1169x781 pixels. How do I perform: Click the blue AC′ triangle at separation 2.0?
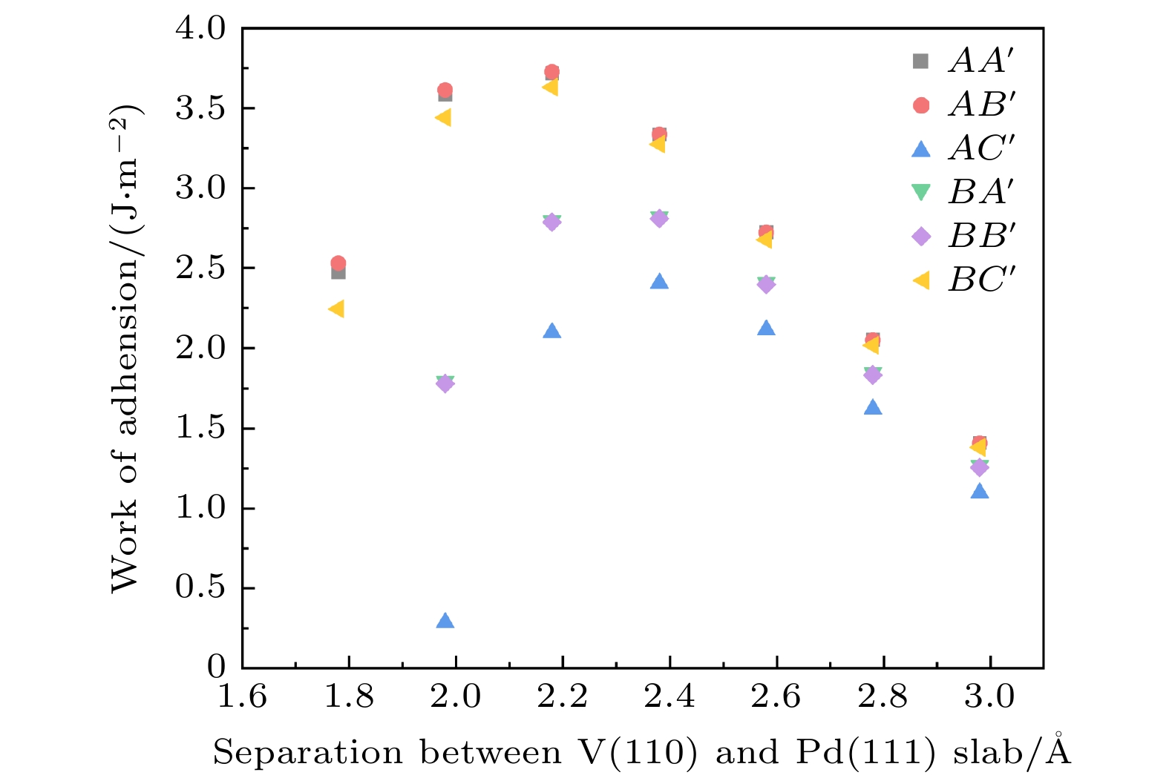pyautogui.click(x=445, y=621)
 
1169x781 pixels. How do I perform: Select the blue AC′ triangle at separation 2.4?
pyautogui.click(x=659, y=282)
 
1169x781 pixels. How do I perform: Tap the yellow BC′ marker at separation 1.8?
pyautogui.click(x=336, y=309)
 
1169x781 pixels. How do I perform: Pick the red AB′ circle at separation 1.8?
pyautogui.click(x=338, y=263)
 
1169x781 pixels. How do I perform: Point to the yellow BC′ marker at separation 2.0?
pyautogui.click(x=443, y=117)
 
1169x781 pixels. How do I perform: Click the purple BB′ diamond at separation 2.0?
pyautogui.click(x=445, y=383)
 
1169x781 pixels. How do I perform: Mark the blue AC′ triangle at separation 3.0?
pyautogui.click(x=980, y=491)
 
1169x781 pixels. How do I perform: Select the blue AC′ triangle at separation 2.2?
pyautogui.click(x=551, y=331)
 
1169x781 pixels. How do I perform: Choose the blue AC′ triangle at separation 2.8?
pyautogui.click(x=873, y=407)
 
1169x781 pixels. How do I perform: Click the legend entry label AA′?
pyautogui.click(x=980, y=61)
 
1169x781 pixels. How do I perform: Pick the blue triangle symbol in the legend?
pyautogui.click(x=921, y=149)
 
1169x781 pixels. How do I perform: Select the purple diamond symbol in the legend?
pyautogui.click(x=921, y=237)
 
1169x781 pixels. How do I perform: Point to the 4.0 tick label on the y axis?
pyautogui.click(x=200, y=28)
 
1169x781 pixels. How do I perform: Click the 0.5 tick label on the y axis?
pyautogui.click(x=200, y=587)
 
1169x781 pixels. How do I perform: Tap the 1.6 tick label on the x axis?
pyautogui.click(x=242, y=698)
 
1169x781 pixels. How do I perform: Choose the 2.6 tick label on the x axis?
pyautogui.click(x=776, y=698)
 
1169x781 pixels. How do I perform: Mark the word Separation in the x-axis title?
pyautogui.click(x=308, y=753)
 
